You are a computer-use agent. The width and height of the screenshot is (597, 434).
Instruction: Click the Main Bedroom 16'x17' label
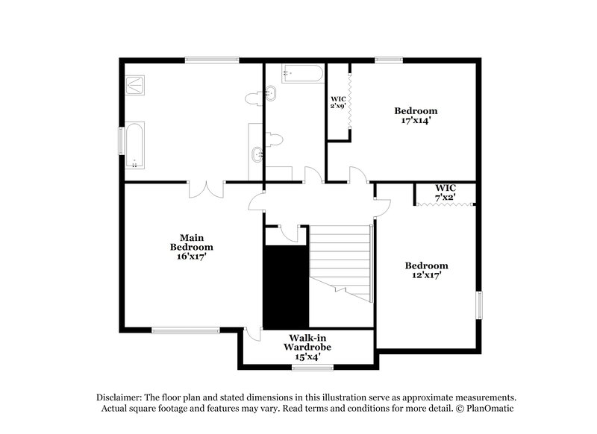191,247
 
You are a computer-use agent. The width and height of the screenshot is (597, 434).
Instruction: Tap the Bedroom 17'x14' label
416,116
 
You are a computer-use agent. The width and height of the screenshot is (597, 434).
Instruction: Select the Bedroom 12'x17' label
426,271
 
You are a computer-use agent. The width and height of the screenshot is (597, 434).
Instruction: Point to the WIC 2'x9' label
338,102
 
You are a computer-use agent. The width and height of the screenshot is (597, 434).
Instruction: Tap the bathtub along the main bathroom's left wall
134,145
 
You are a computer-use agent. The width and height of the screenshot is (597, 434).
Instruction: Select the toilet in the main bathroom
253,97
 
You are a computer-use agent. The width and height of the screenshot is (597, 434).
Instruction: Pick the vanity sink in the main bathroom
257,154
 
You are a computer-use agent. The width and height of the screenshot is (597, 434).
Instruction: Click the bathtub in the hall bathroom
302,73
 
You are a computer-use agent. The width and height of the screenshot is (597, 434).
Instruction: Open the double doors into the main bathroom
206,188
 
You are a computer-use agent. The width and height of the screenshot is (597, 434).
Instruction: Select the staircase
342,261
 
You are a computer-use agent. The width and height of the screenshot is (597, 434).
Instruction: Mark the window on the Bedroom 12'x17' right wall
479,305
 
